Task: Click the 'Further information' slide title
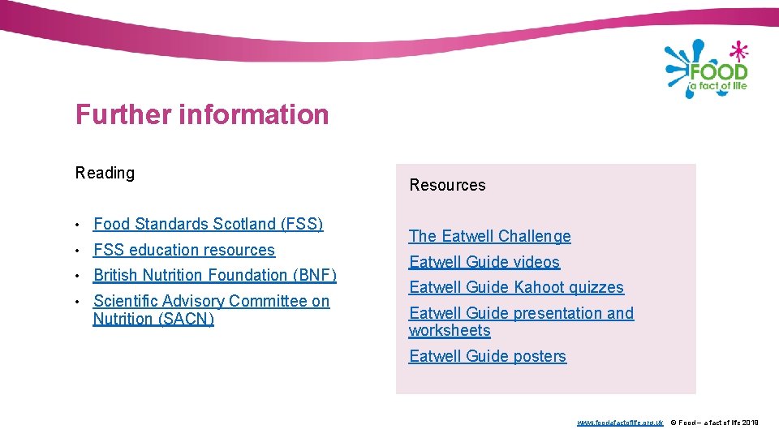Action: (x=202, y=115)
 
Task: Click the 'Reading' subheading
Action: (x=105, y=173)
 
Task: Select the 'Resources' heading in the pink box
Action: (x=447, y=185)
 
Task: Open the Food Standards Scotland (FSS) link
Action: (x=208, y=224)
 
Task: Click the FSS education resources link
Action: (x=184, y=250)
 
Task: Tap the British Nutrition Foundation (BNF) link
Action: (x=214, y=275)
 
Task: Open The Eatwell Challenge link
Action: (x=489, y=236)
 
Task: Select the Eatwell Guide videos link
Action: (x=484, y=262)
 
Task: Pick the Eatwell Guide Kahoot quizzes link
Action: (x=516, y=287)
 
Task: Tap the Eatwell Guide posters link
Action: (x=488, y=356)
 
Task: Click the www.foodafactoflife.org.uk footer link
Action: (x=620, y=423)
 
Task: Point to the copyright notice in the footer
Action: (x=714, y=423)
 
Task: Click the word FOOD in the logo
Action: (x=718, y=72)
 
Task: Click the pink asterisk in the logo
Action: (x=738, y=52)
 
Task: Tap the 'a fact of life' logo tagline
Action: (x=718, y=85)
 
